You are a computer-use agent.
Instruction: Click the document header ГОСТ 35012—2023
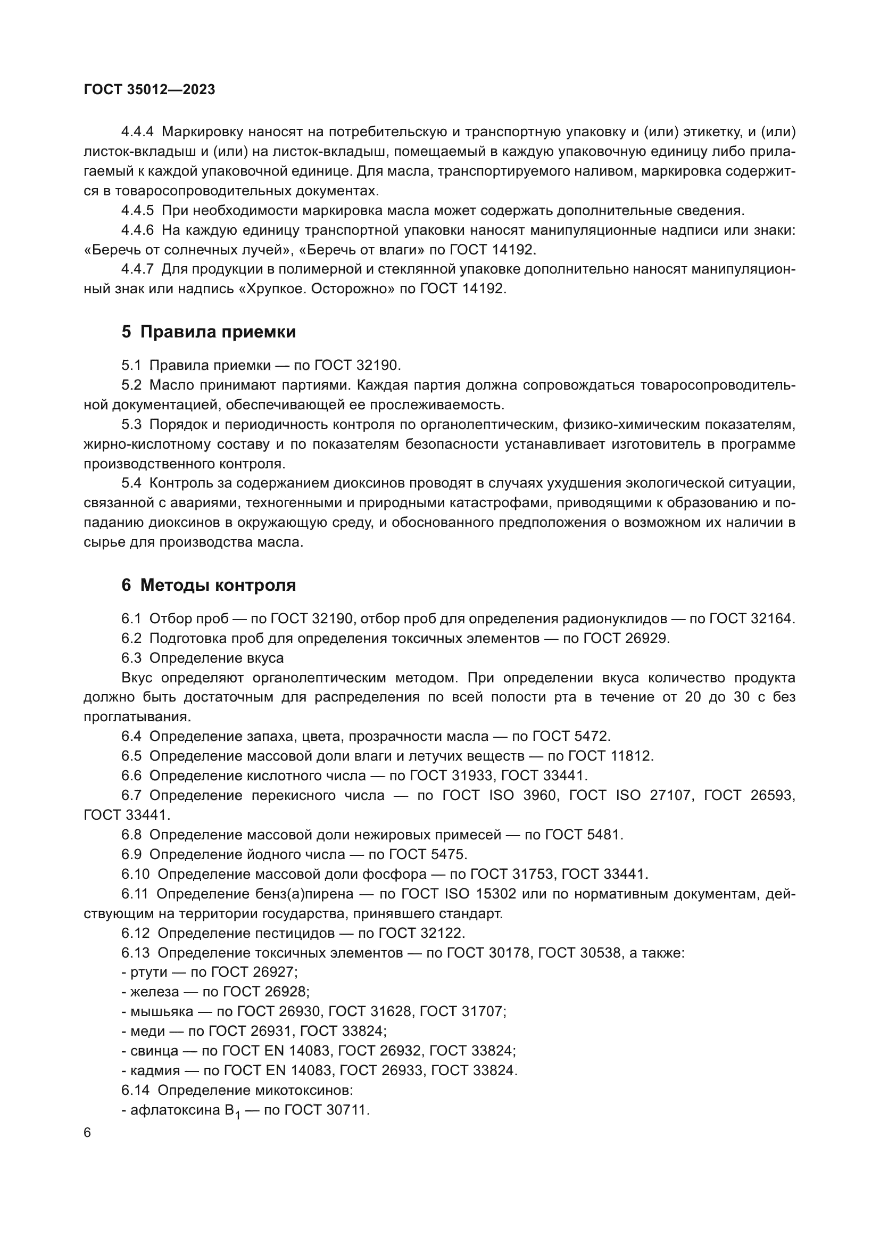tap(150, 89)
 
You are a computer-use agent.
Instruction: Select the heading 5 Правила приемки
tap(209, 332)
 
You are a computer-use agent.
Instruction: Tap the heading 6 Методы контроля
tap(209, 585)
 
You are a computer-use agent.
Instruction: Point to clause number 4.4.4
tap(138, 132)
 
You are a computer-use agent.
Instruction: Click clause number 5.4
tap(131, 483)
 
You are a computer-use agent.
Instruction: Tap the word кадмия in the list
tap(155, 1070)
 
